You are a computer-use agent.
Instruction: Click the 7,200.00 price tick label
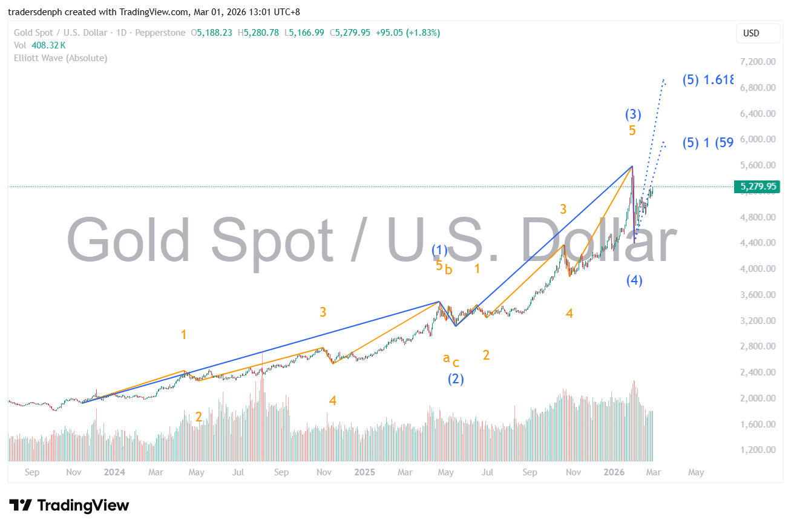(758, 62)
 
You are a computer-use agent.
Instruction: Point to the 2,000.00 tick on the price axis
(758, 398)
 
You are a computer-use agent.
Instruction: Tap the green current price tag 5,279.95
(757, 186)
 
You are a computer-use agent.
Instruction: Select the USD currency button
(750, 33)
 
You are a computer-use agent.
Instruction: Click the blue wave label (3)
(633, 114)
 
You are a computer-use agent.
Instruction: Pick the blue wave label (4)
(634, 280)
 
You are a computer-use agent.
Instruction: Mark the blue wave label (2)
(456, 380)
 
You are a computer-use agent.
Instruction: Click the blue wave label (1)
(439, 250)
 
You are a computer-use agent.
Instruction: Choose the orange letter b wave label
(448, 270)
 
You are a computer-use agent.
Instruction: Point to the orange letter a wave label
(446, 358)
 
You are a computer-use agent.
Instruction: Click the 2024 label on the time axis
(114, 472)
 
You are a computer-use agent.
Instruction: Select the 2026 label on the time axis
(614, 472)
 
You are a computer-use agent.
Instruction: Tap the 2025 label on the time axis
(365, 472)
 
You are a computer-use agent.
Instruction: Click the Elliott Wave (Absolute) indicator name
(61, 58)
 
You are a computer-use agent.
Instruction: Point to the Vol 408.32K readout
(40, 45)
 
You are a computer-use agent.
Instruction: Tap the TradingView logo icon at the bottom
(21, 505)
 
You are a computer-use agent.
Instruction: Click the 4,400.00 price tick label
(758, 243)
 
